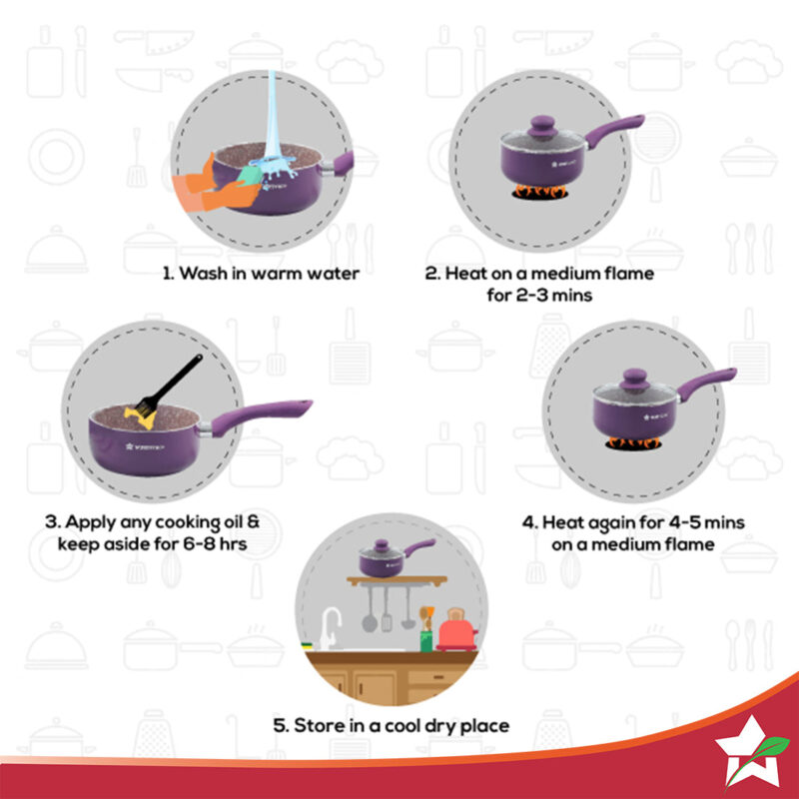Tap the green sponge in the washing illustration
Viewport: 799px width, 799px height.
(250, 176)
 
